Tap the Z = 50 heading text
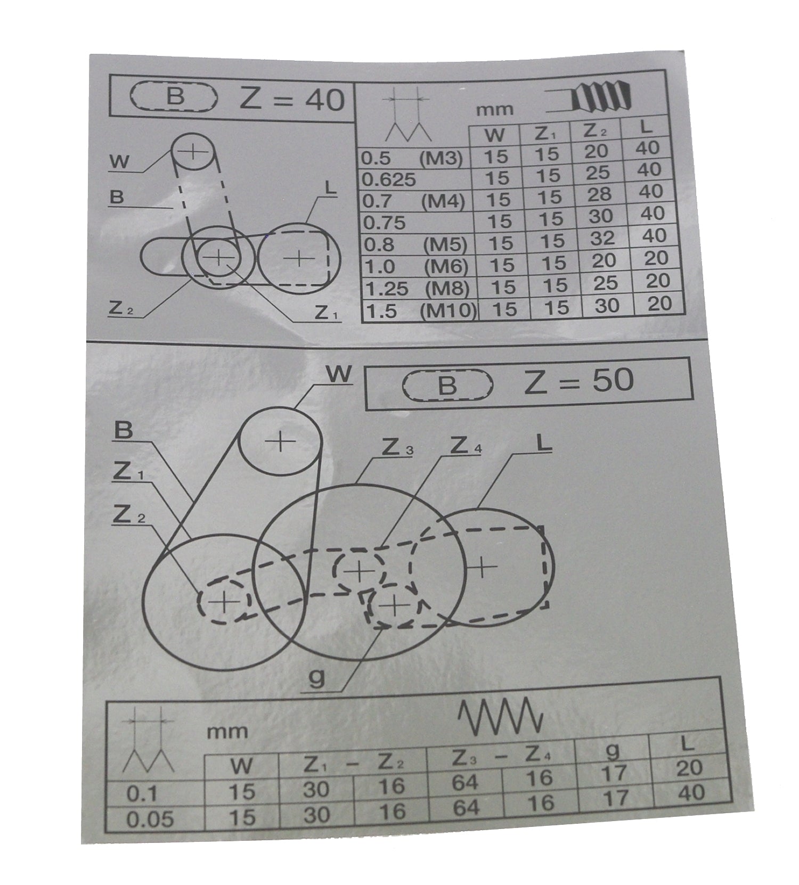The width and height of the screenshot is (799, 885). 579,380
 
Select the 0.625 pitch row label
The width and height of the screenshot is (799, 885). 389,179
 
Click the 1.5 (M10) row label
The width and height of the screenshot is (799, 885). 418,310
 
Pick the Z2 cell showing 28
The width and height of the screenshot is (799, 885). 599,195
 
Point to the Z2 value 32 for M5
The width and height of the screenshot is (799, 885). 602,238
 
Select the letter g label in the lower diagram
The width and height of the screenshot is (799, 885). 316,678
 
